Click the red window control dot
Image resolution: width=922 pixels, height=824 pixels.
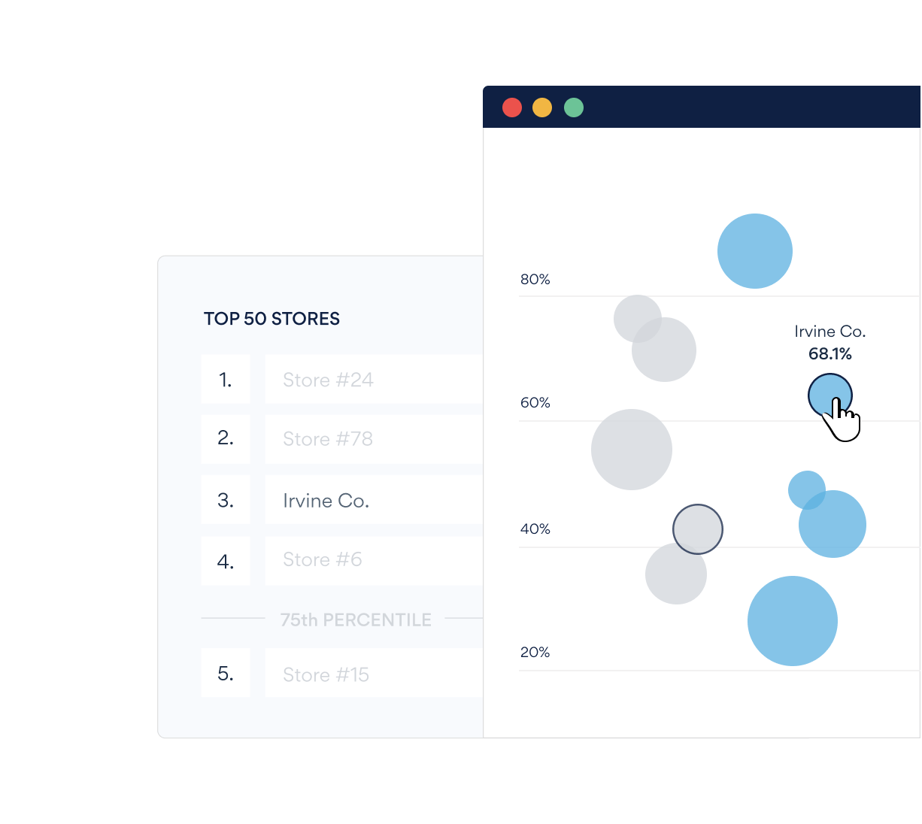pos(512,108)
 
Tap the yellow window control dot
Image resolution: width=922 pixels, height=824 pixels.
pos(542,108)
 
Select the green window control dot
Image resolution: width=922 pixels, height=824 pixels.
pos(574,108)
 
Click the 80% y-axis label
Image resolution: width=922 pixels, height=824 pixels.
pos(535,280)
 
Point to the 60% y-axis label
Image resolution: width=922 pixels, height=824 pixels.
pos(535,403)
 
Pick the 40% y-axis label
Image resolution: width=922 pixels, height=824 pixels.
pos(535,529)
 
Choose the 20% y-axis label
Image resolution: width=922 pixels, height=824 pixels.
pos(535,653)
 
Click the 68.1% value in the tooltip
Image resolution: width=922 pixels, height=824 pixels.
pos(830,354)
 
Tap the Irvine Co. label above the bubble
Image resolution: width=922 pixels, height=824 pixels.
pos(830,332)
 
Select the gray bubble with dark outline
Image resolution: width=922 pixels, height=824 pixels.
pos(698,529)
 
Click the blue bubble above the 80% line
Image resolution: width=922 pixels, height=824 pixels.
pos(755,251)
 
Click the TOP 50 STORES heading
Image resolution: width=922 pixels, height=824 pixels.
pos(271,319)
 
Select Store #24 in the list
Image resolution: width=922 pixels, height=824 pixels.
pos(328,380)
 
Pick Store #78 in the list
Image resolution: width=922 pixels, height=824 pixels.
pos(328,439)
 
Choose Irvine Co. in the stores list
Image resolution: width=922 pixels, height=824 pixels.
pos(326,501)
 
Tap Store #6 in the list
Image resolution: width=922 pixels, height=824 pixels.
pos(322,560)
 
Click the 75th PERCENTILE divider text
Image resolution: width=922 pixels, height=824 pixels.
pos(356,620)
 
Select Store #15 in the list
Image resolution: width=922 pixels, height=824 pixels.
pos(326,675)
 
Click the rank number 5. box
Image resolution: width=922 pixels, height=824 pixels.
pos(226,674)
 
